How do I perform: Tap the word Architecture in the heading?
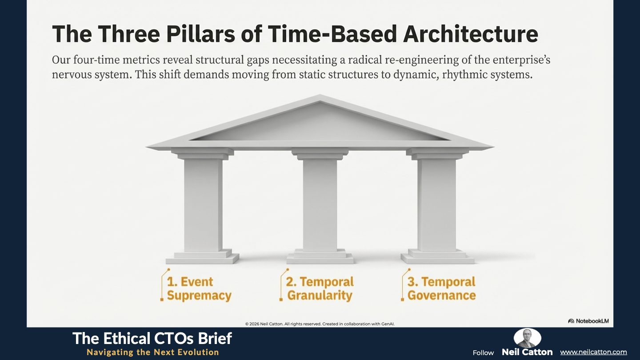click(471, 34)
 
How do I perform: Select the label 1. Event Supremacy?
click(199, 288)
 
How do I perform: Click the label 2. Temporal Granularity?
click(320, 288)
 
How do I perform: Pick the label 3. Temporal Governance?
click(441, 288)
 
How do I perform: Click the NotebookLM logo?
click(588, 321)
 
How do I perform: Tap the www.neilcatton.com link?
click(593, 352)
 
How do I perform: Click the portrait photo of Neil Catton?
click(527, 338)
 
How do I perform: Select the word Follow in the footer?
click(483, 352)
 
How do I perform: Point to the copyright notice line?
click(320, 324)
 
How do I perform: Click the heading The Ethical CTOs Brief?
click(152, 338)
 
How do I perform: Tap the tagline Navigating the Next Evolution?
click(153, 352)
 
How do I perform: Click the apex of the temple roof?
click(320, 95)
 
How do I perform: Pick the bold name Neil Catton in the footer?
click(527, 352)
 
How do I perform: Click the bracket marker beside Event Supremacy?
click(162, 285)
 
